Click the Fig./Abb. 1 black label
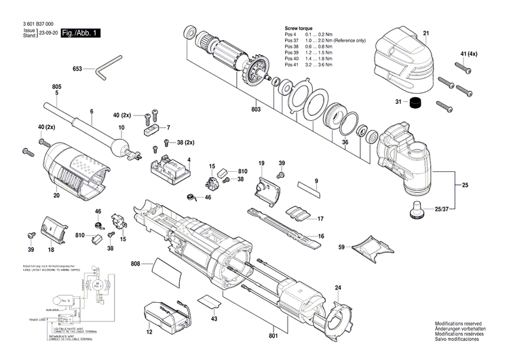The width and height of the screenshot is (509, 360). pos(80,33)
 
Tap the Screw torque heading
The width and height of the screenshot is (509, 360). pos(299,28)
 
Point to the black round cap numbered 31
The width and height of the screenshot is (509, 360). pos(417,103)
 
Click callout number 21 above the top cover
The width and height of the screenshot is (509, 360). pos(426,33)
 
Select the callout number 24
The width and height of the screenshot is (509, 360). pos(337,288)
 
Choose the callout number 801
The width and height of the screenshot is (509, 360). pos(274,336)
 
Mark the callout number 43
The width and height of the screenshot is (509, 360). pos(214,319)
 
